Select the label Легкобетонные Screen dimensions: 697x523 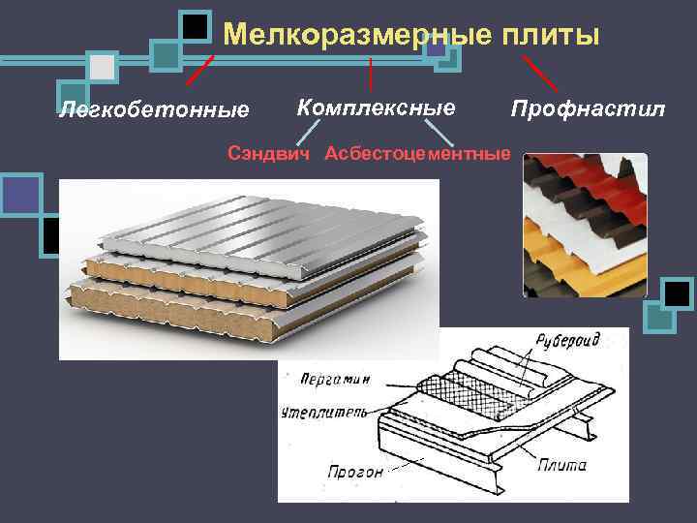[x=154, y=108]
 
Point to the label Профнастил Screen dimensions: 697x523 [x=589, y=107]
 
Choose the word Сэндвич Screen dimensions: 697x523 [x=270, y=153]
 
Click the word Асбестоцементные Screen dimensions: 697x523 [x=417, y=153]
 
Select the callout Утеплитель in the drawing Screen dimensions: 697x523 [x=324, y=413]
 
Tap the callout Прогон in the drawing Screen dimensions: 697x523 [x=354, y=472]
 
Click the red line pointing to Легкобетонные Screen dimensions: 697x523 [x=199, y=70]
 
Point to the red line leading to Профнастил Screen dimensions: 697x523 [x=539, y=73]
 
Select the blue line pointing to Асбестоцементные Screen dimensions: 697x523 [x=439, y=133]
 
